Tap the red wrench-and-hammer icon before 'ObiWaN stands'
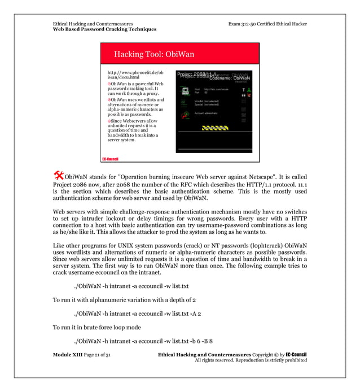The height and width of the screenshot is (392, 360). tap(58, 172)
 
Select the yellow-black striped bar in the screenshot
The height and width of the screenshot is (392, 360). tap(214, 128)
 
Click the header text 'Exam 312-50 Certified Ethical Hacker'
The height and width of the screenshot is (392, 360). tap(267, 24)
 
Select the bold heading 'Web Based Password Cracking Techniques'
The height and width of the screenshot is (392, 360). tap(104, 29)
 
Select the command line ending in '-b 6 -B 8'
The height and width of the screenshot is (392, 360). tap(143, 341)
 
